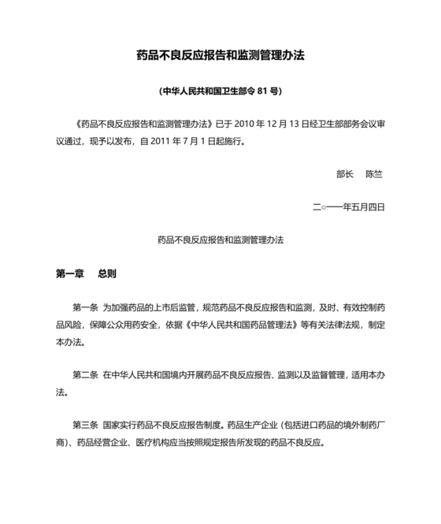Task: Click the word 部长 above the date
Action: [x=345, y=173]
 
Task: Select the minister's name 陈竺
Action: [x=374, y=173]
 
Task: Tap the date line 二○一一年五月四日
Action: [x=348, y=207]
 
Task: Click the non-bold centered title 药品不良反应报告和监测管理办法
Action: [x=220, y=239]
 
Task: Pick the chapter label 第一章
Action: [x=69, y=273]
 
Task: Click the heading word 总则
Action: [x=107, y=273]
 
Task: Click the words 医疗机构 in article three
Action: [x=157, y=442]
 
